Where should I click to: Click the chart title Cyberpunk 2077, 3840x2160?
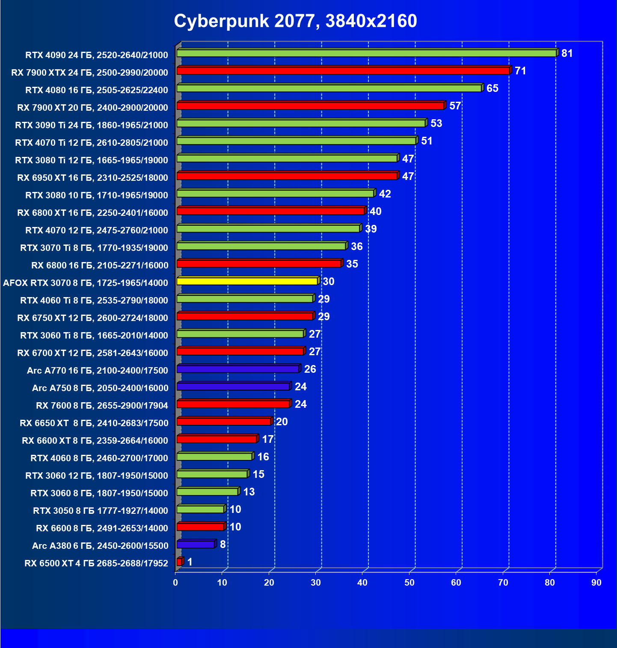click(x=295, y=21)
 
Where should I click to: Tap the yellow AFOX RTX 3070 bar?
click(x=247, y=281)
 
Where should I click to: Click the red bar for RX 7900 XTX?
click(x=343, y=71)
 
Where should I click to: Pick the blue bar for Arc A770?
click(x=237, y=369)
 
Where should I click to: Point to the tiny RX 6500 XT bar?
click(x=179, y=562)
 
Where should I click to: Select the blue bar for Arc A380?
click(x=196, y=545)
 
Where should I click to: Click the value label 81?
click(x=567, y=53)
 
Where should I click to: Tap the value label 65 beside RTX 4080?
click(x=492, y=88)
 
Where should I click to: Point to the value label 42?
click(x=385, y=194)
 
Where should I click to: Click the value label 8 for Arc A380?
click(x=222, y=545)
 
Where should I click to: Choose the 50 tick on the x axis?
click(x=409, y=583)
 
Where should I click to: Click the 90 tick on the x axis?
click(x=596, y=583)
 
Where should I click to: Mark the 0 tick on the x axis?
click(x=175, y=583)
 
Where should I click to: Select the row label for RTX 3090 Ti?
click(x=92, y=125)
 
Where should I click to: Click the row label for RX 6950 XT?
click(x=92, y=178)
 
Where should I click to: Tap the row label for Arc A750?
click(x=100, y=388)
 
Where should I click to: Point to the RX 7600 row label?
click(x=102, y=406)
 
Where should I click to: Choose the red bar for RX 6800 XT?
click(x=270, y=211)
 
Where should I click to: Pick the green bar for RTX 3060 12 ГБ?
click(x=212, y=474)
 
